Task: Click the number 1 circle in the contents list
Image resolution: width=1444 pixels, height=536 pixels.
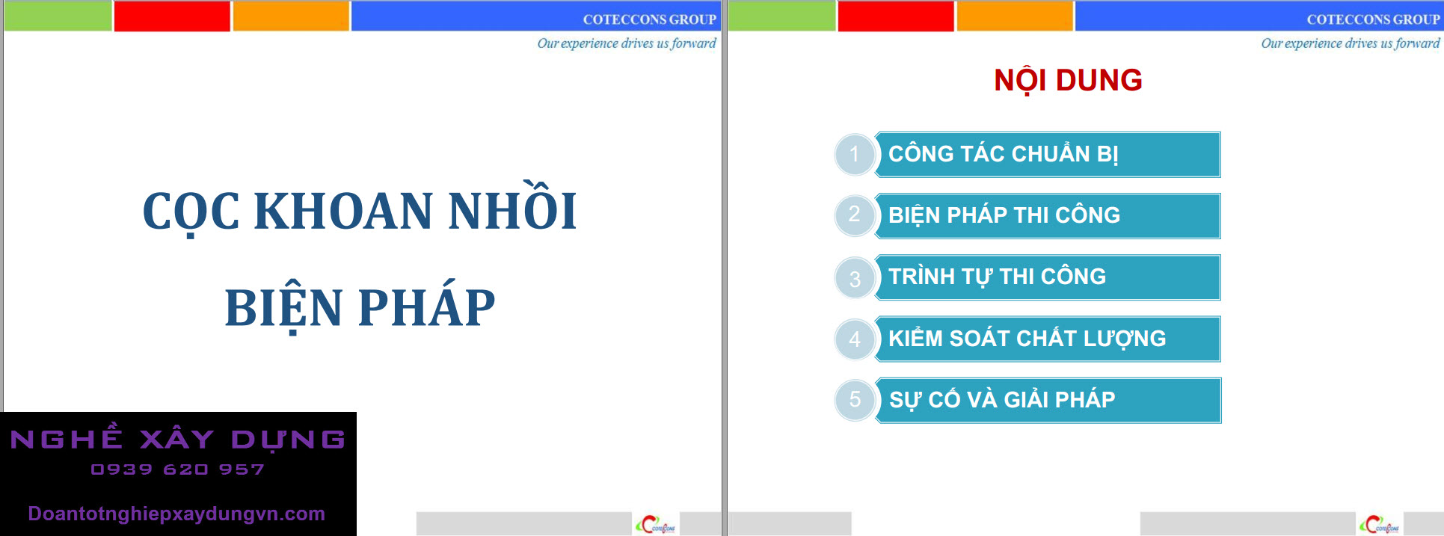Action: point(855,155)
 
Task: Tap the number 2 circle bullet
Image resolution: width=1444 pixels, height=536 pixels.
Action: point(855,216)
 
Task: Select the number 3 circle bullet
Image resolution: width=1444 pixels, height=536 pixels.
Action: point(855,278)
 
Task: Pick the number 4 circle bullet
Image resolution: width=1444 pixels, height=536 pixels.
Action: point(855,339)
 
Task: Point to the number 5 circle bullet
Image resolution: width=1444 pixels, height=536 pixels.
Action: point(855,401)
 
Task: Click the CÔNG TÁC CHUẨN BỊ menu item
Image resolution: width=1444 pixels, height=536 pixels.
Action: point(1048,155)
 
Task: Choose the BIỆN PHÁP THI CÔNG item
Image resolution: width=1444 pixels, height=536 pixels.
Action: point(1048,216)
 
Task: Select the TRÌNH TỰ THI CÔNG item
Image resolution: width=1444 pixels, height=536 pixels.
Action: point(1048,277)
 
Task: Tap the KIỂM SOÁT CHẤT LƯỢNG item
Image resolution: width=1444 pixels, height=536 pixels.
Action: point(1048,339)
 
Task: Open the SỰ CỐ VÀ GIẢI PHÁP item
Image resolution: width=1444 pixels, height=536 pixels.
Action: point(1048,401)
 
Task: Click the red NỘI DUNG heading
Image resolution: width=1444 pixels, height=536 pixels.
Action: point(1068,80)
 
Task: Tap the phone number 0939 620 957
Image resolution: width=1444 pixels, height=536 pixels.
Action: point(177,469)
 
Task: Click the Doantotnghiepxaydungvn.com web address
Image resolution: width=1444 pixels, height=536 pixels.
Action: point(176,514)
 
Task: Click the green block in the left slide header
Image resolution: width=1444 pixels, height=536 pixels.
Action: point(58,16)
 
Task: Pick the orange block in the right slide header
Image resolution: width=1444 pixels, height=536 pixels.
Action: point(1015,16)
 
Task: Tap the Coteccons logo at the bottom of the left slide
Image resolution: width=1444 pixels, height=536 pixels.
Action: point(656,525)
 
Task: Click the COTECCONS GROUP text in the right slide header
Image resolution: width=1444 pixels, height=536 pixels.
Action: point(1373,19)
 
